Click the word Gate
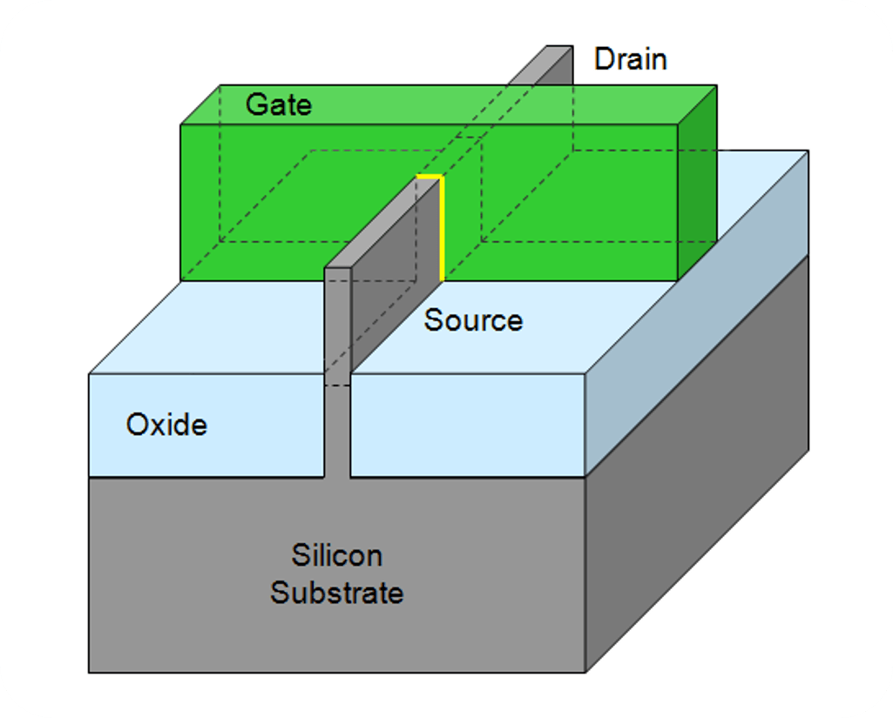point(279,104)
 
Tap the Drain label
point(631,59)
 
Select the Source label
point(473,319)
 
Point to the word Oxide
point(166,425)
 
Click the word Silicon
point(336,555)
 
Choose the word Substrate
point(336,593)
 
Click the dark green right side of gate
point(697,182)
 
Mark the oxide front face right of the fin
point(468,425)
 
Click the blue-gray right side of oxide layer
point(697,313)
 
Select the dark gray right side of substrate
point(697,466)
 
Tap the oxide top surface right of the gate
point(741,216)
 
